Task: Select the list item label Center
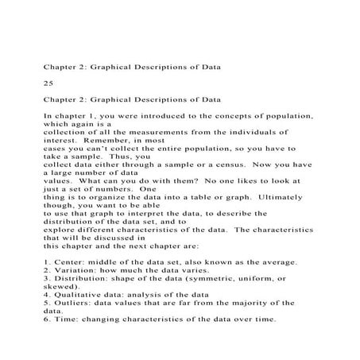coord(66,262)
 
